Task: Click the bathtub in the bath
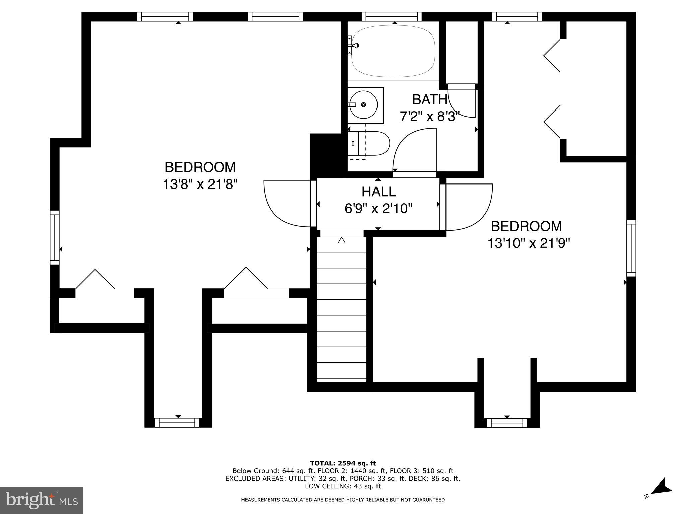(x=393, y=51)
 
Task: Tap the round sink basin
(x=363, y=105)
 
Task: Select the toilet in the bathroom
(x=372, y=143)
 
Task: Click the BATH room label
(x=429, y=99)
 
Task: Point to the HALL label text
(x=379, y=192)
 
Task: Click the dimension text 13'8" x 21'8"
(x=200, y=184)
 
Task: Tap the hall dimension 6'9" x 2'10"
(x=378, y=209)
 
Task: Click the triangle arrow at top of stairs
(x=341, y=240)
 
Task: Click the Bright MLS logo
(x=42, y=500)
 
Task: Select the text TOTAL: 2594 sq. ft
(x=343, y=463)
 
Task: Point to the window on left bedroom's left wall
(x=55, y=237)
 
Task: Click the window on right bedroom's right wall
(x=631, y=248)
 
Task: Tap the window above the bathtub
(x=391, y=16)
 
